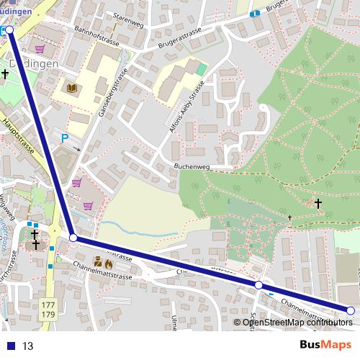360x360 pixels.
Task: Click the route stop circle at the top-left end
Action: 9,30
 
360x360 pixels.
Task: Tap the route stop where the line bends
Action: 73,237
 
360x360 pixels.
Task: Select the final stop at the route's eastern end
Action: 351,310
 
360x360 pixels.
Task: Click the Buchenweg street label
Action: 191,166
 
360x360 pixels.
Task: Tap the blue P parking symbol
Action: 64,138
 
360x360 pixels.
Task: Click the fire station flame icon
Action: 108,264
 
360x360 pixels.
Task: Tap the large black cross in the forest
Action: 318,204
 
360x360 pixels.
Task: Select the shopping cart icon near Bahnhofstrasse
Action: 39,49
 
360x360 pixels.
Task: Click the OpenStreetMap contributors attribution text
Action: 297,322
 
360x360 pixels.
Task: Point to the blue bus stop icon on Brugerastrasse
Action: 254,13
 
